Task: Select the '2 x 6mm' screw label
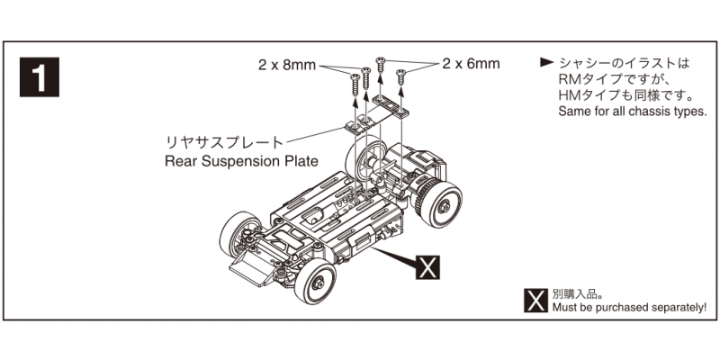pos(471,64)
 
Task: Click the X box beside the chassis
pos(429,266)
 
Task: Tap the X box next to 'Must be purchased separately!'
pos(536,300)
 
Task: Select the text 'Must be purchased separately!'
pos(629,308)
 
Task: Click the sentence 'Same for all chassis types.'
pos(633,112)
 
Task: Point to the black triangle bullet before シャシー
pos(545,63)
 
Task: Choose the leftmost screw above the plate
pos(351,88)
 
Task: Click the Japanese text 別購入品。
pos(578,293)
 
